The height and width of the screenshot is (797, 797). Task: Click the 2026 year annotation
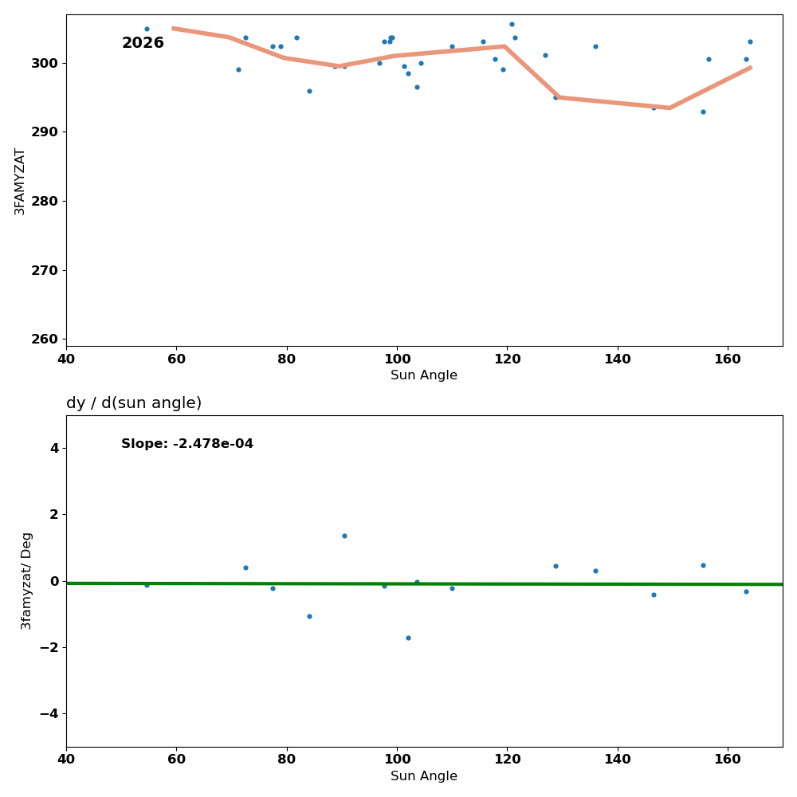[x=143, y=43]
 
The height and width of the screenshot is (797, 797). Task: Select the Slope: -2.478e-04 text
[x=187, y=444]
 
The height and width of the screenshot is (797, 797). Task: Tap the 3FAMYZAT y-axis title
[x=20, y=181]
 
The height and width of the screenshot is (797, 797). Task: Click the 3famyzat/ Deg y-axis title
[x=27, y=580]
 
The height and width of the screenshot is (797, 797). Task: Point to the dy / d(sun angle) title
[x=134, y=403]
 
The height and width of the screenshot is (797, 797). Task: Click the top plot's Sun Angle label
[x=424, y=375]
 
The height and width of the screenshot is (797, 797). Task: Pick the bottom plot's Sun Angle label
[x=424, y=776]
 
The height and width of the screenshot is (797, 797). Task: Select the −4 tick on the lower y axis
[x=49, y=713]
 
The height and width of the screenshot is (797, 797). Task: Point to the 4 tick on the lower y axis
[x=54, y=448]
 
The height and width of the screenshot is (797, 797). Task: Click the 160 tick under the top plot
[x=728, y=359]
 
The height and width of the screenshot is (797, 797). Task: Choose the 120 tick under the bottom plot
[x=507, y=760]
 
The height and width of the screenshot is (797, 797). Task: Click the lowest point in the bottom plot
[x=408, y=638]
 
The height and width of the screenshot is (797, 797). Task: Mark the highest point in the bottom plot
[x=344, y=536]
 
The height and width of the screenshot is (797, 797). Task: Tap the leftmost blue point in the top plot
[x=147, y=29]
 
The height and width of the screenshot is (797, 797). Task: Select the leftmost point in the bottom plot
[x=147, y=585]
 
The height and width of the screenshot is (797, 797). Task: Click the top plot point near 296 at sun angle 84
[x=309, y=91]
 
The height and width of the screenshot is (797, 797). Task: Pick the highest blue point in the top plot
[x=512, y=24]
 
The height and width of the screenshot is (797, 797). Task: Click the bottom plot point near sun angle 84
[x=309, y=616]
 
